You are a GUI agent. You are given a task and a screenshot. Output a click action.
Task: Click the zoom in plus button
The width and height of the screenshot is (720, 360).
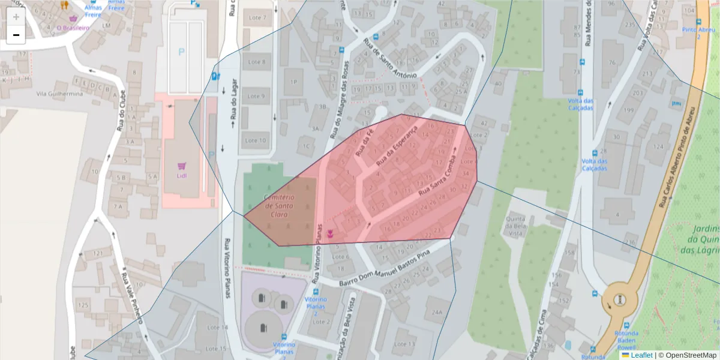click(x=16, y=17)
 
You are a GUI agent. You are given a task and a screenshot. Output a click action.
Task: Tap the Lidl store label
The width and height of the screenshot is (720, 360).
click(x=181, y=175)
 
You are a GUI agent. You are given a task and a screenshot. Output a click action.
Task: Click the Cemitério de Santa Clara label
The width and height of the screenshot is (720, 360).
click(x=279, y=206)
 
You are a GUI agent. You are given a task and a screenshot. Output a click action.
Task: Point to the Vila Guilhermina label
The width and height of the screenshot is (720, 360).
click(x=59, y=94)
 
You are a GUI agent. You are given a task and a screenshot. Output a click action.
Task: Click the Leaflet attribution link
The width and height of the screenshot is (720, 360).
click(x=641, y=355)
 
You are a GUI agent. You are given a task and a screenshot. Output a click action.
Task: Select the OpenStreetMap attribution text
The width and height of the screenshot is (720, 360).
click(x=687, y=355)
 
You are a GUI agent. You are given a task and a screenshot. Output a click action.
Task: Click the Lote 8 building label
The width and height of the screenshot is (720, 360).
click(x=256, y=62)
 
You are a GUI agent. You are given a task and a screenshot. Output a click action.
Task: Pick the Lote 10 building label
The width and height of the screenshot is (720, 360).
click(x=256, y=141)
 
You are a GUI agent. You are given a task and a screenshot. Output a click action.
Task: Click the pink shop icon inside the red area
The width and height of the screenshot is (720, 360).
click(x=330, y=233)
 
